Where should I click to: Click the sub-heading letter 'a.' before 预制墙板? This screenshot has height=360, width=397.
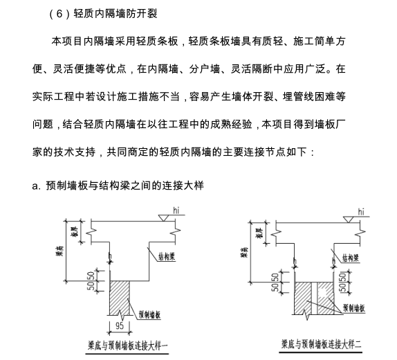36,186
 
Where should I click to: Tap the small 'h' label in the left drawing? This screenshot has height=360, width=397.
111,254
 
